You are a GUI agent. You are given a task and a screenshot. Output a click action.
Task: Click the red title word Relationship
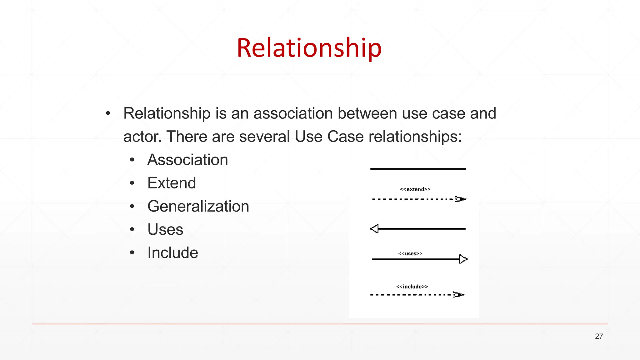[309, 48]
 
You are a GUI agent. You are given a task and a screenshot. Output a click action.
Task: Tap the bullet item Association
[187, 160]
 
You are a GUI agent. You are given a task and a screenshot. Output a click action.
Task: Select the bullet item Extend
[172, 183]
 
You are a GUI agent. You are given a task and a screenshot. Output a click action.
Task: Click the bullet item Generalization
[198, 206]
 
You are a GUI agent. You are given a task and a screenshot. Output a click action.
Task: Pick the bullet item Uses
[165, 229]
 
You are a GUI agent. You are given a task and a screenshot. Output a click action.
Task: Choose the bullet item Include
[172, 252]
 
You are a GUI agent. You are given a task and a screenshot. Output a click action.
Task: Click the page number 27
[599, 336]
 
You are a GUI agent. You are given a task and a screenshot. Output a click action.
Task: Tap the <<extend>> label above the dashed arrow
[415, 189]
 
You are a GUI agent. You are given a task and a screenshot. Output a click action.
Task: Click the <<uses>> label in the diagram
[410, 253]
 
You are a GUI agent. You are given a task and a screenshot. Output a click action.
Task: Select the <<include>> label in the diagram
[412, 287]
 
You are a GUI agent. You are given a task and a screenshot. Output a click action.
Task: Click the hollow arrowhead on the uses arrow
[463, 259]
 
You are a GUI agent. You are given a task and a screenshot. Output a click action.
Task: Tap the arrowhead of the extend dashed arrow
[460, 199]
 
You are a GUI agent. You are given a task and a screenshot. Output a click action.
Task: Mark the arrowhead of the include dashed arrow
[458, 295]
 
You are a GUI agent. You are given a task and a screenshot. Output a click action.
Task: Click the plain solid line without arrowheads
[418, 169]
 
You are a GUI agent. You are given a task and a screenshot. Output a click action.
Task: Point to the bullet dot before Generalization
[132, 207]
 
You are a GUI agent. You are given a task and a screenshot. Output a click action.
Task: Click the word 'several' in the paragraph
[265, 137]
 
